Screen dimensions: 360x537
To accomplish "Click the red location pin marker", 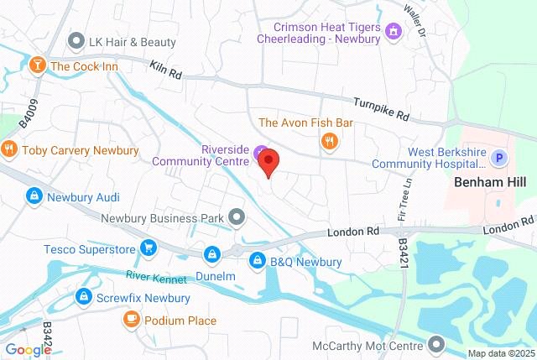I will (x=268, y=161).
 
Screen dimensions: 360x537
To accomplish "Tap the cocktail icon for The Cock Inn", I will (x=37, y=65).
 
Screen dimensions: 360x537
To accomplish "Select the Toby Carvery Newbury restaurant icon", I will (x=9, y=150).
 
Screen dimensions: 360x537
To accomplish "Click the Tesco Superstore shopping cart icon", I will (x=149, y=248).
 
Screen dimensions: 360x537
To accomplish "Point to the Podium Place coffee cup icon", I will (x=131, y=320).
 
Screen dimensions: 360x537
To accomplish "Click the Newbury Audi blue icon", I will (x=34, y=197).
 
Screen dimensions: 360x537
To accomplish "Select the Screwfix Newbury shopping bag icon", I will (x=84, y=297).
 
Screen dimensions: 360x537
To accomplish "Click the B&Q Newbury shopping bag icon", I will (x=256, y=262).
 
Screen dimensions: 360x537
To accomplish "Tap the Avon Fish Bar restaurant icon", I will (x=329, y=141).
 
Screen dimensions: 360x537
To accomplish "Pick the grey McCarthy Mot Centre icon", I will (x=436, y=343).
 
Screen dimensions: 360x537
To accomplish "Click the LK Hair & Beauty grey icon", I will (x=77, y=41).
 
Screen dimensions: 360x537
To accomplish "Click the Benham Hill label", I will (x=488, y=181).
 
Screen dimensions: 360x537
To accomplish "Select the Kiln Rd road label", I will (x=166, y=69).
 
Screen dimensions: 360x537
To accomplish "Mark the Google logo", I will (x=27, y=350).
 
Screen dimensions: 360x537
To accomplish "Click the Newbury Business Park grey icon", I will (x=237, y=218).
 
